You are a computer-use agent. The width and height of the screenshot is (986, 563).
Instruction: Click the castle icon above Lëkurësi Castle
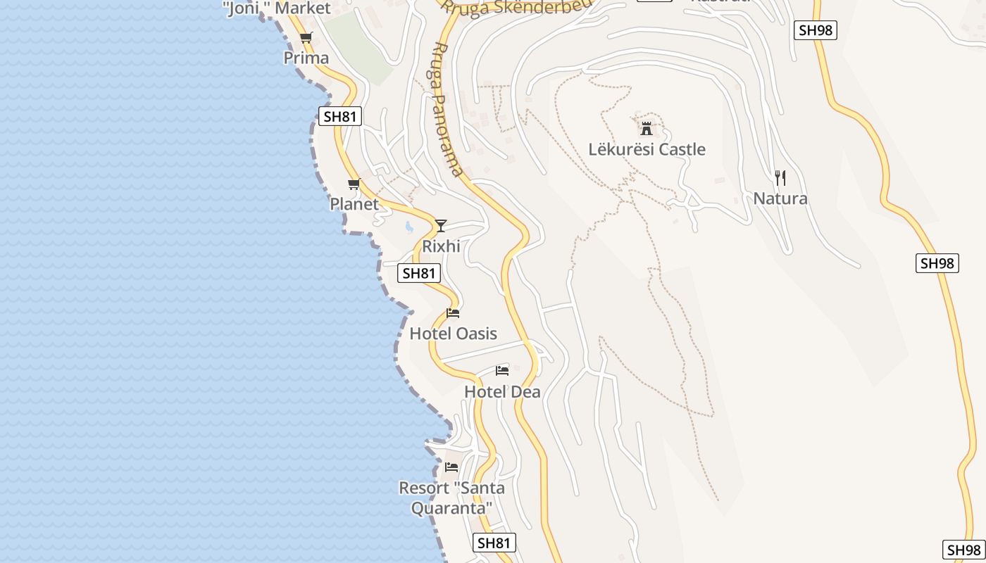click(x=647, y=129)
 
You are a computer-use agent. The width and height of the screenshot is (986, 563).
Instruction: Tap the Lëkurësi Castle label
click(x=647, y=149)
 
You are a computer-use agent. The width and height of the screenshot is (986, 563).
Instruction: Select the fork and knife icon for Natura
click(x=780, y=177)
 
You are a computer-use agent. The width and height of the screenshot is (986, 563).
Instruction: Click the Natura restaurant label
click(x=780, y=198)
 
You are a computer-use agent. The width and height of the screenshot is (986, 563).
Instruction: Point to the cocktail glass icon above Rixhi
click(x=441, y=225)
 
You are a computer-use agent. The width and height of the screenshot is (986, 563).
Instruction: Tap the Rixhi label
click(x=441, y=246)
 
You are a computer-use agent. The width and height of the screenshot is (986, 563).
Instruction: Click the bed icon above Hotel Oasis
click(x=453, y=312)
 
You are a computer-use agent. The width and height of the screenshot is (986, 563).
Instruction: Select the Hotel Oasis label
click(x=454, y=334)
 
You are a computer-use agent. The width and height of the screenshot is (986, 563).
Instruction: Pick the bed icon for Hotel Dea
click(x=502, y=370)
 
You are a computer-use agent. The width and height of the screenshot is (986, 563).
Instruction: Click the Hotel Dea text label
click(x=502, y=392)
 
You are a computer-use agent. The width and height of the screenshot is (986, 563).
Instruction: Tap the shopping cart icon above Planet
click(x=354, y=184)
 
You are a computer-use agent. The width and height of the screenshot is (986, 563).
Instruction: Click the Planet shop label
click(x=354, y=204)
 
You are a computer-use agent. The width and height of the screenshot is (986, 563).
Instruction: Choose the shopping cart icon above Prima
click(x=306, y=37)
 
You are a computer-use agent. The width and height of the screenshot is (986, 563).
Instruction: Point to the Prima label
click(x=306, y=58)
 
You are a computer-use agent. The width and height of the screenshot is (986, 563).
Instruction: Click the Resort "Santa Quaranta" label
click(x=451, y=498)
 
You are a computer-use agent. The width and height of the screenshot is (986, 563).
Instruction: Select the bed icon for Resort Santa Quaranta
click(x=451, y=467)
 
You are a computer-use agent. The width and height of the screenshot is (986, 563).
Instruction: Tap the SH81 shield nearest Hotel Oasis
click(x=419, y=273)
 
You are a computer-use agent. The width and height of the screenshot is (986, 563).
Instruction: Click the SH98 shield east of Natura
click(x=937, y=263)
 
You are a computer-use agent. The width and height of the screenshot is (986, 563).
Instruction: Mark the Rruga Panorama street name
click(x=447, y=109)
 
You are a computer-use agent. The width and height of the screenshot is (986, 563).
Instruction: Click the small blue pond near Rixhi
click(x=408, y=227)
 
